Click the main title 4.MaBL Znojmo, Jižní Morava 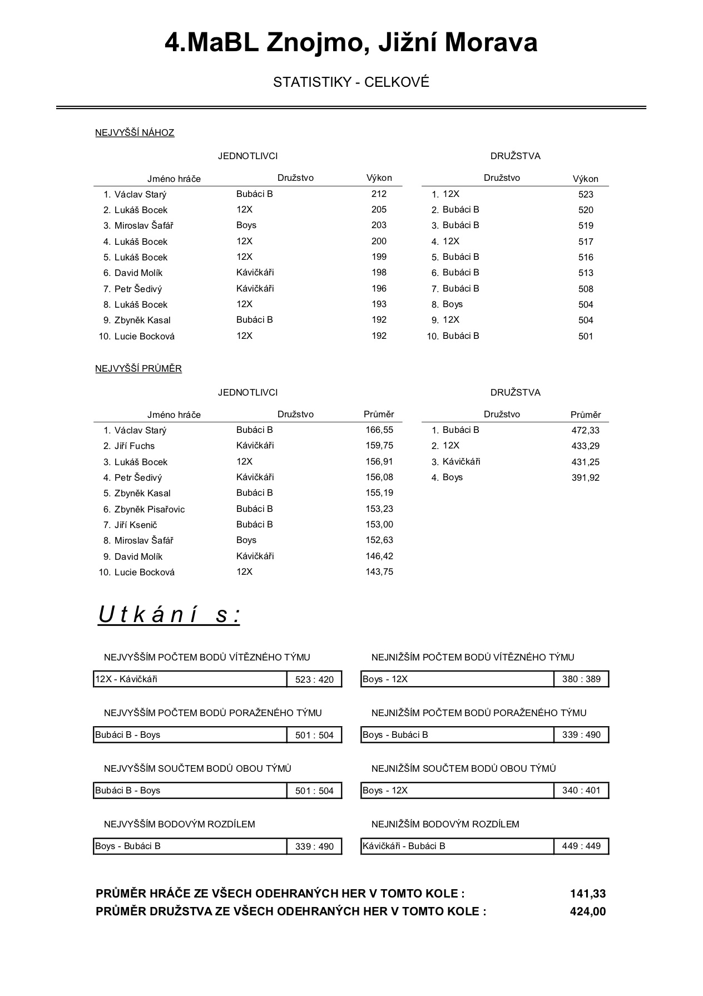[x=351, y=43]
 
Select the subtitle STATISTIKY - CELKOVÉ [x=351, y=82]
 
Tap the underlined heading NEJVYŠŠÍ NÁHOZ [x=135, y=133]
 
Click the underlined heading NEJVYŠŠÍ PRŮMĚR [x=138, y=369]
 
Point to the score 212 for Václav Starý [x=379, y=194]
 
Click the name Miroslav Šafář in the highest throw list [x=144, y=226]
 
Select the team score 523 [x=586, y=195]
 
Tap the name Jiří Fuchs [x=135, y=446]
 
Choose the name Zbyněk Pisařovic [x=150, y=510]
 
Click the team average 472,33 [x=586, y=431]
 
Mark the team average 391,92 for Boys [x=586, y=478]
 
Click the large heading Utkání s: [x=169, y=615]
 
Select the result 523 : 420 [x=314, y=679]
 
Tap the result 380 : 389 [x=581, y=679]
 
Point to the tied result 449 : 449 [x=581, y=846]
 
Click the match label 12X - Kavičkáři [x=126, y=679]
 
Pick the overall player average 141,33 [x=588, y=894]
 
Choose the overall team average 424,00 [x=588, y=911]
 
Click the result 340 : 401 [x=581, y=791]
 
